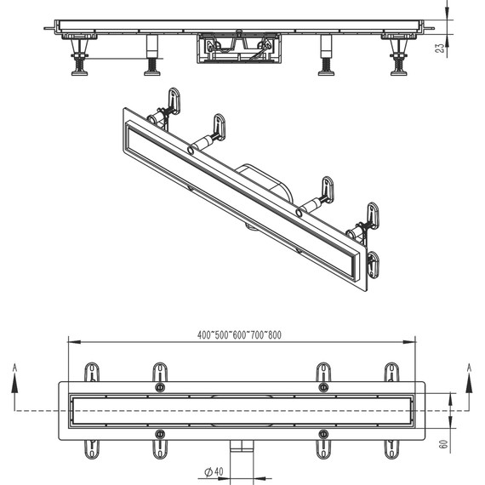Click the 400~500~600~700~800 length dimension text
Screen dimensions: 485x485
click(x=239, y=335)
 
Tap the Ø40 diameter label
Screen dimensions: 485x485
click(x=214, y=472)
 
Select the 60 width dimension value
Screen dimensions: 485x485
click(x=443, y=444)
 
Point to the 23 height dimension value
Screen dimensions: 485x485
click(x=440, y=48)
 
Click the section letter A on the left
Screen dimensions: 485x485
click(x=14, y=368)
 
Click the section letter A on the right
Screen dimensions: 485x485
click(x=469, y=368)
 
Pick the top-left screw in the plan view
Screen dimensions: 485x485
click(x=160, y=387)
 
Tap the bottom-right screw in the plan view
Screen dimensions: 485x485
click(x=323, y=434)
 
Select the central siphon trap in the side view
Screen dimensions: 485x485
click(x=239, y=48)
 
